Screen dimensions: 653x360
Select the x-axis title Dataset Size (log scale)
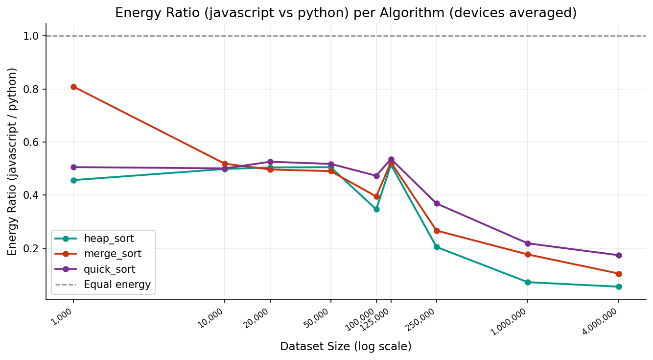point(346,347)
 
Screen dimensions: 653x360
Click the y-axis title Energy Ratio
point(12,162)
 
